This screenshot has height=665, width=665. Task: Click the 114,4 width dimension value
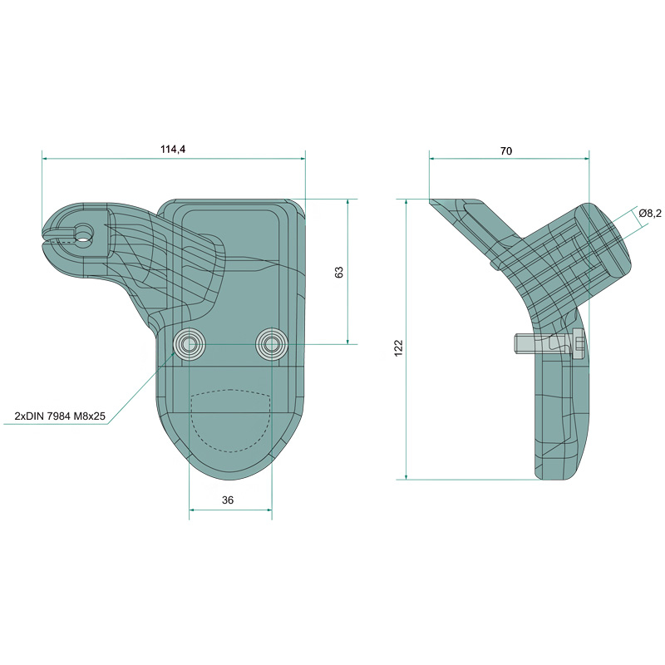(173, 150)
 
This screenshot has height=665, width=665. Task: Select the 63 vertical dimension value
(339, 273)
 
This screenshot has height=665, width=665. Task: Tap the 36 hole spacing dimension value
(228, 500)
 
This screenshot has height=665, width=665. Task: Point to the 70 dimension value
(506, 151)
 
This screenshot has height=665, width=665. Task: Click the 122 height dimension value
(399, 347)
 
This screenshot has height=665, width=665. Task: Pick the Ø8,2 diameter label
(649, 214)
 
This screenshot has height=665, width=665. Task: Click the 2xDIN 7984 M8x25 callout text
(60, 416)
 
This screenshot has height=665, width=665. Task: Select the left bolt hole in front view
(189, 344)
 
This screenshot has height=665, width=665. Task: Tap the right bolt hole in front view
(272, 344)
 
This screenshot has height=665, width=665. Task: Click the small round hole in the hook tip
(85, 233)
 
